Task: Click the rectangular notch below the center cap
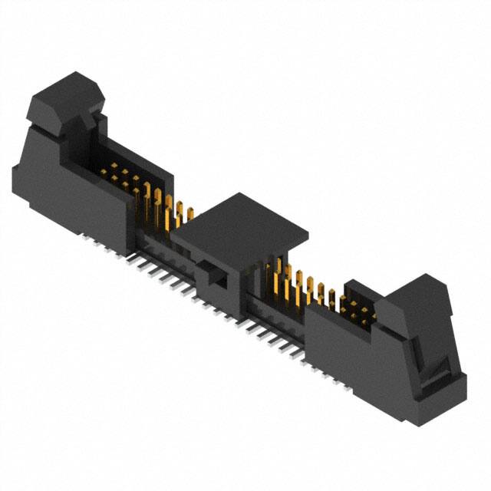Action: point(216,276)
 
